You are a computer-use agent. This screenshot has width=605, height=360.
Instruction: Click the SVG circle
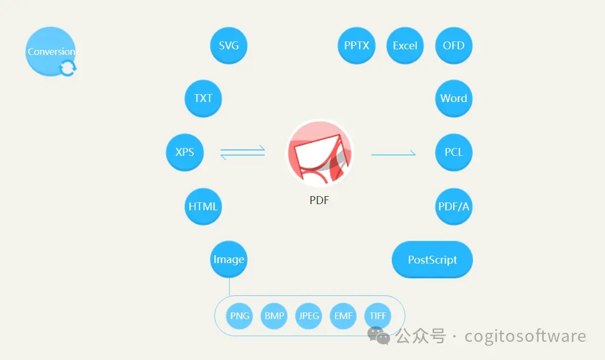[229, 45]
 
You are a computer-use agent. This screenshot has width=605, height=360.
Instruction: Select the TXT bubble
[203, 98]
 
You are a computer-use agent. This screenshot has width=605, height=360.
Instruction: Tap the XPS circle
[185, 152]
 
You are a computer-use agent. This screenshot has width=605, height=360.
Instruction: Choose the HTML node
[203, 206]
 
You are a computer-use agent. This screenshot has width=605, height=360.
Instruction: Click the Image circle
[229, 260]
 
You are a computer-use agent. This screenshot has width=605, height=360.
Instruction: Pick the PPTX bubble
[357, 45]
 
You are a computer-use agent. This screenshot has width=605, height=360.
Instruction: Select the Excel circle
[405, 45]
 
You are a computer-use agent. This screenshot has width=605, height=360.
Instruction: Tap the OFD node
[454, 45]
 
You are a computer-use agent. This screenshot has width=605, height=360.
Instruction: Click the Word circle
[454, 98]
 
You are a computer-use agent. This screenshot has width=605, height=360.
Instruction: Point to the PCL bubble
[454, 152]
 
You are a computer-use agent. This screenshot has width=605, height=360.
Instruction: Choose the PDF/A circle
[454, 206]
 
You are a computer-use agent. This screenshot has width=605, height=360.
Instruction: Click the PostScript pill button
[432, 260]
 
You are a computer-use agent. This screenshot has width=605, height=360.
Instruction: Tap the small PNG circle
[240, 316]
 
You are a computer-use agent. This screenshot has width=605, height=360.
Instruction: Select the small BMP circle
[274, 316]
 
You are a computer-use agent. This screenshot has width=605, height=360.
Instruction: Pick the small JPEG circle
[309, 316]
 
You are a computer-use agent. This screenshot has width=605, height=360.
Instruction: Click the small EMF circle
[343, 316]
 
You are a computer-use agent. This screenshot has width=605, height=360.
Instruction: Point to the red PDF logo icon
[319, 153]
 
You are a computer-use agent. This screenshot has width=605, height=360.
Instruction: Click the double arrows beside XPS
[243, 152]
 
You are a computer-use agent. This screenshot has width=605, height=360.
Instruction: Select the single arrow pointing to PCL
[394, 154]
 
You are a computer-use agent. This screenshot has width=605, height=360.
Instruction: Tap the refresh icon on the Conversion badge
[67, 69]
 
